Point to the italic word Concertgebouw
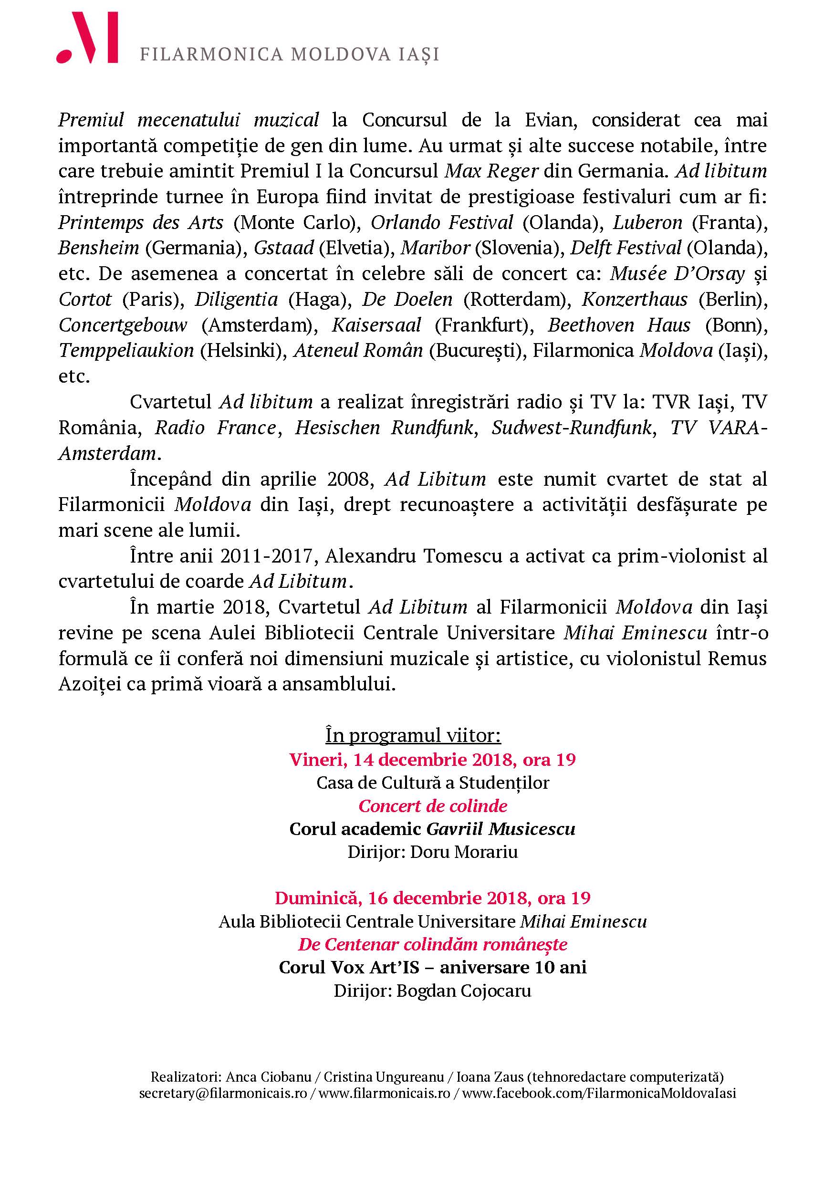[x=123, y=325]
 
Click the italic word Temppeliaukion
[x=126, y=351]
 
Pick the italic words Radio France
[x=216, y=428]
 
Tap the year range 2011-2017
[x=265, y=556]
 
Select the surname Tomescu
[x=465, y=556]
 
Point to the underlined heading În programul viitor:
[x=413, y=735]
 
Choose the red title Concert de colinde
[x=433, y=805]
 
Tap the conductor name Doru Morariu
[x=465, y=852]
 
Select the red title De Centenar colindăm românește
[x=433, y=944]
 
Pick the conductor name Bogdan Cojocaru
[x=463, y=991]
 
